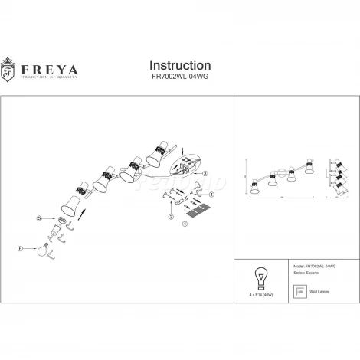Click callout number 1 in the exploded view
coord(184,224)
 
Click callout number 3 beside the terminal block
coord(205,174)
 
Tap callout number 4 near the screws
coord(212,195)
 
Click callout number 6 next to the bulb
coord(21,247)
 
